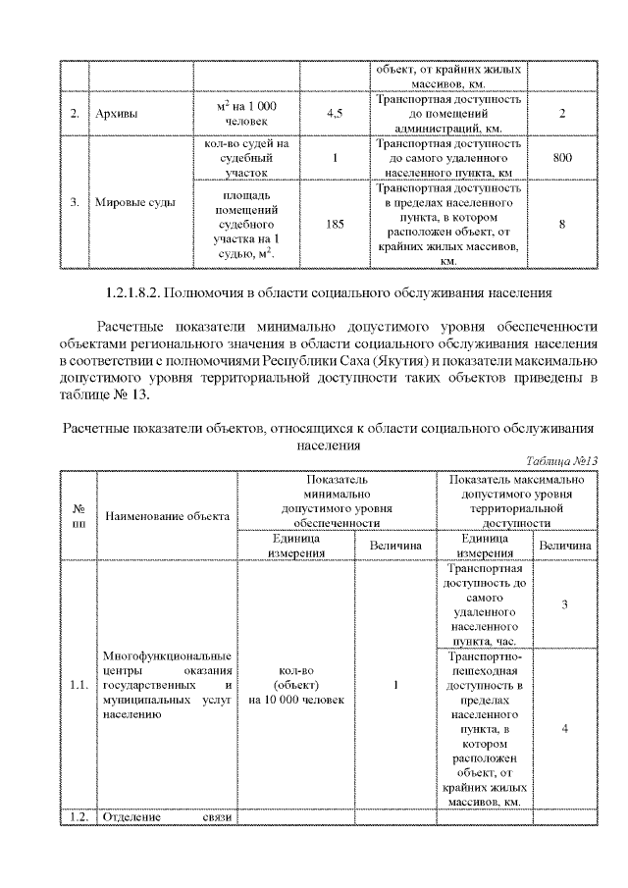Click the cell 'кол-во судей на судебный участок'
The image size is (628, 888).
[246, 157]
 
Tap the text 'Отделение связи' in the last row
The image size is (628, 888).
[166, 817]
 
